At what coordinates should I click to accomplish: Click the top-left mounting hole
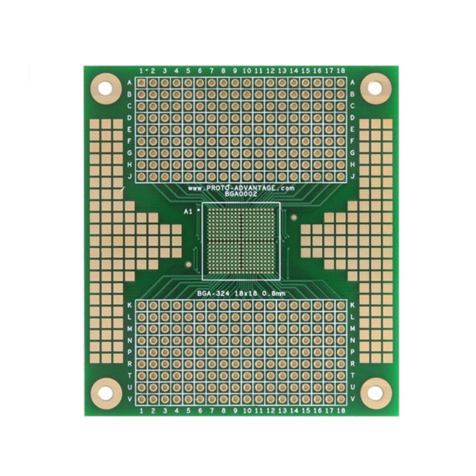tap(106, 89)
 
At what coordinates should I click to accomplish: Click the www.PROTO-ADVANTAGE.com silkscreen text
tap(241, 188)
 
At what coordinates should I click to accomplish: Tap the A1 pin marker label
tap(188, 211)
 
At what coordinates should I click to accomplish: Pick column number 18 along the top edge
tap(341, 71)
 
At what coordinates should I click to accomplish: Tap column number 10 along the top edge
tap(247, 71)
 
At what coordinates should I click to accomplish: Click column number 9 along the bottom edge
tap(235, 410)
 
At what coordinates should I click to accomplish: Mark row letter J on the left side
tap(130, 176)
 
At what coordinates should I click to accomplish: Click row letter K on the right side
tap(352, 305)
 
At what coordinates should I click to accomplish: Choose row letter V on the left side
tap(130, 399)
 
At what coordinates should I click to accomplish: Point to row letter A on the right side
tap(352, 82)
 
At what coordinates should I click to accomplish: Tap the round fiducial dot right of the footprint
tap(294, 218)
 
